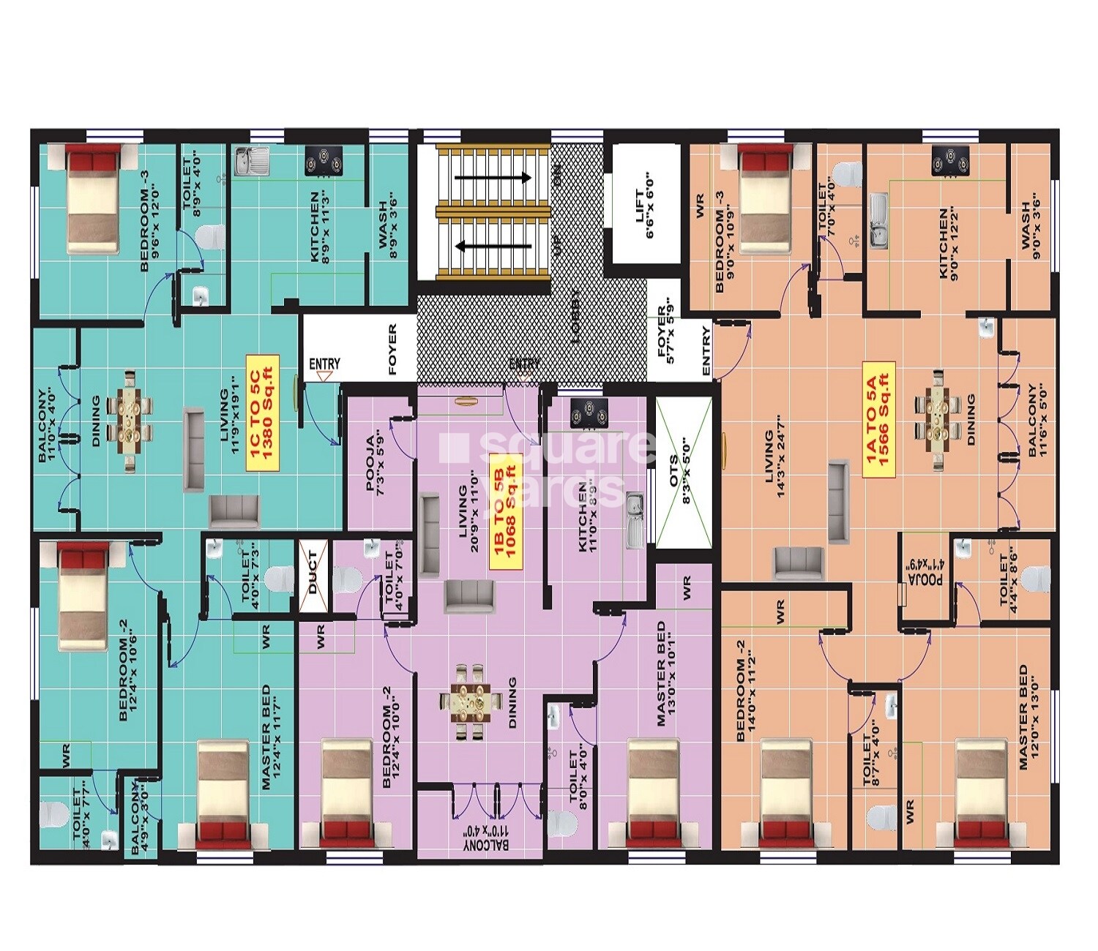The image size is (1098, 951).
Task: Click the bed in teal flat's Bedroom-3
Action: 92,198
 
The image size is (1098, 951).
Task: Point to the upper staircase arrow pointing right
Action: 492,178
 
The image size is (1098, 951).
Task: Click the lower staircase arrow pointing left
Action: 492,247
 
